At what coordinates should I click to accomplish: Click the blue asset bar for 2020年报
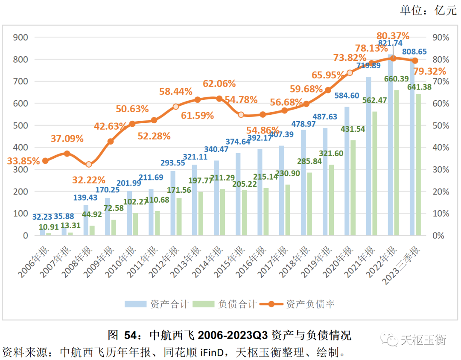coord(347,171)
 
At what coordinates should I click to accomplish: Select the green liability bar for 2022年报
coord(397,163)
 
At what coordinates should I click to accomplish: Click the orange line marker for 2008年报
coord(89,164)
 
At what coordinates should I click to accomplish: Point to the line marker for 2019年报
coord(328,90)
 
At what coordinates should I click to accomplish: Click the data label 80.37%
coord(393,36)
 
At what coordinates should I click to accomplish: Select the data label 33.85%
coord(23,161)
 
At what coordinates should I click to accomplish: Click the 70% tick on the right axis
coord(439,81)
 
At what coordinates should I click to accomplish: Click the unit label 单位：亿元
coord(428,11)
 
